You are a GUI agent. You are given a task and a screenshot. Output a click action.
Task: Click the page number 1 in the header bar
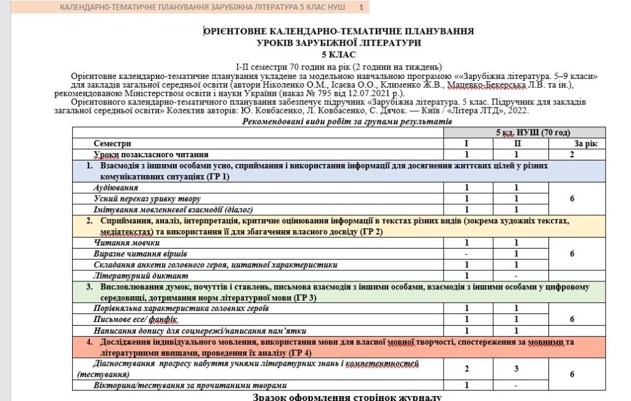[361, 7]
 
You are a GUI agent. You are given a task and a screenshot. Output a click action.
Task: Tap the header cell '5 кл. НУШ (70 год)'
[533, 132]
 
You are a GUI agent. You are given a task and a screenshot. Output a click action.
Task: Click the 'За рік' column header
[581, 143]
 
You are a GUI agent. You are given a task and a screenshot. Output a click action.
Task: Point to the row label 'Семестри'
[112, 143]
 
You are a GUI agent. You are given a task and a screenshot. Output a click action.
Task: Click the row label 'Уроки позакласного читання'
[150, 154]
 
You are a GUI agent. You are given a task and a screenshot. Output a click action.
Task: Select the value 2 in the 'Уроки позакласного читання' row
[572, 154]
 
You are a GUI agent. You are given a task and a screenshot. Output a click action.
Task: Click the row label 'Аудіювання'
[115, 188]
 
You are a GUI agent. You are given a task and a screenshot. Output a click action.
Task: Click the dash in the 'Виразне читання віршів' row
[466, 254]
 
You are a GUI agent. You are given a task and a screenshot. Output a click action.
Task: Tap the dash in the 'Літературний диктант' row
[516, 276]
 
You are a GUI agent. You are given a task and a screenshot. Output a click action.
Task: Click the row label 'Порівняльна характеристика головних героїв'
[181, 308]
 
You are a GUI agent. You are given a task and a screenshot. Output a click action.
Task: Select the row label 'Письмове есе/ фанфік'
[135, 319]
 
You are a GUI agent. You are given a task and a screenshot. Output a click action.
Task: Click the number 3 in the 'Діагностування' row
[516, 369]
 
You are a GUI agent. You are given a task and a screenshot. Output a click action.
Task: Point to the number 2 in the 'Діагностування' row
[466, 369]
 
